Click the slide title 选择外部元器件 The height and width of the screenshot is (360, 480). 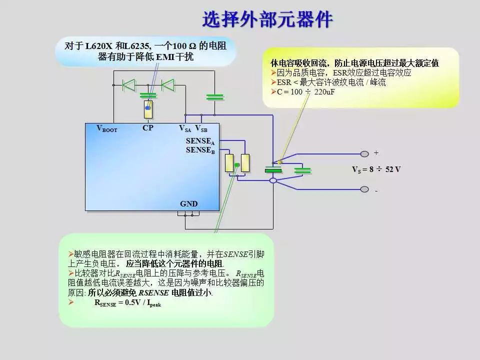pyautogui.click(x=267, y=20)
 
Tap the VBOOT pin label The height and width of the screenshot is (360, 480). pyautogui.click(x=107, y=128)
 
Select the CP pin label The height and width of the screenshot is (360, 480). pyautogui.click(x=147, y=128)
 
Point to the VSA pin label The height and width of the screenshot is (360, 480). pyautogui.click(x=185, y=128)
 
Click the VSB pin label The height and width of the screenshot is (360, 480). pyautogui.click(x=201, y=128)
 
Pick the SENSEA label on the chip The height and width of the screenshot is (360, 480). pyautogui.click(x=200, y=141)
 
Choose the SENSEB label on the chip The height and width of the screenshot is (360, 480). pyautogui.click(x=200, y=150)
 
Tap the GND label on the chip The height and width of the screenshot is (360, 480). pyautogui.click(x=188, y=204)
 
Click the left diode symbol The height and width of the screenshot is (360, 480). pyautogui.click(x=129, y=85)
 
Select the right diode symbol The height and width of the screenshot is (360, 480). pyautogui.click(x=167, y=85)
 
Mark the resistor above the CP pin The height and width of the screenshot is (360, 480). pyautogui.click(x=147, y=108)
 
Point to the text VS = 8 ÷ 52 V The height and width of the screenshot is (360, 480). pyautogui.click(x=376, y=169)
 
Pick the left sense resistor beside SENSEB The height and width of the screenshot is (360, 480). pyautogui.click(x=229, y=163)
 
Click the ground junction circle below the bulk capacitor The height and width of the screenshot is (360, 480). pyautogui.click(x=273, y=180)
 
